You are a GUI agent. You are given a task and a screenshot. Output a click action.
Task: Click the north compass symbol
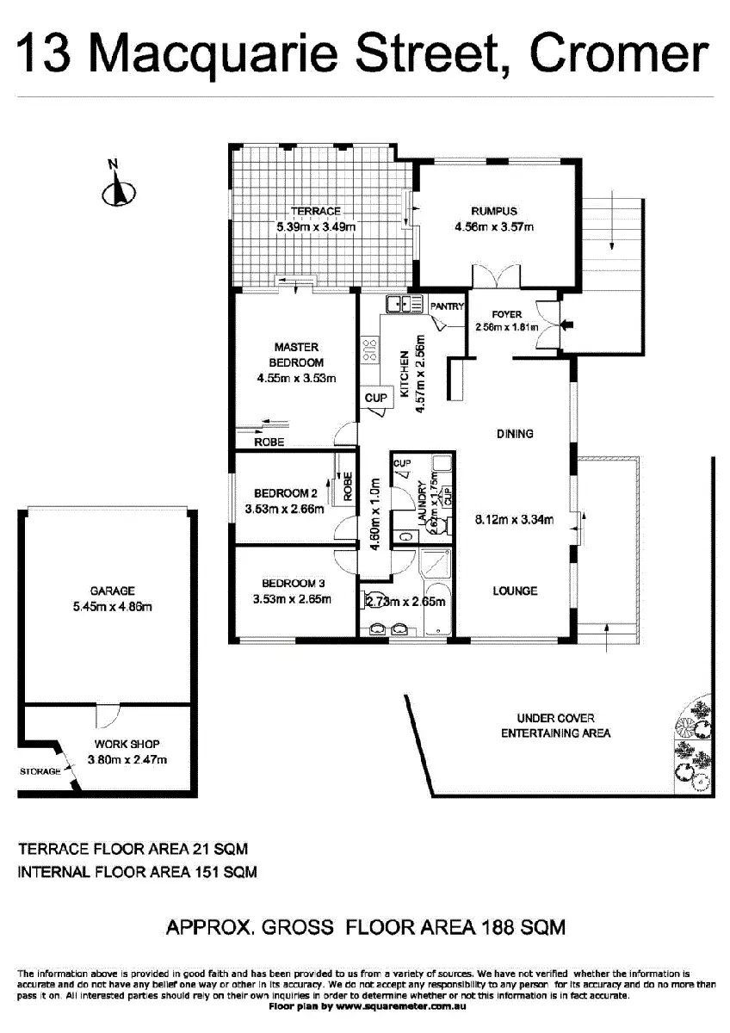118,191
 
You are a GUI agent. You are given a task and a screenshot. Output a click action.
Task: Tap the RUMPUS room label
493,212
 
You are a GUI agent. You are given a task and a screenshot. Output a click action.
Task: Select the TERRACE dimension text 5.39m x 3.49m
315,227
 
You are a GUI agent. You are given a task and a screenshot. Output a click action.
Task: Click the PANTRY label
447,306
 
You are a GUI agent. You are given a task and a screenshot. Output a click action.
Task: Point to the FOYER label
507,314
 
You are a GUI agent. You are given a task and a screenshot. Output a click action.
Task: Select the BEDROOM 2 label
286,493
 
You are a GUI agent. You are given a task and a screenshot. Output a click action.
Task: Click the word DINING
515,434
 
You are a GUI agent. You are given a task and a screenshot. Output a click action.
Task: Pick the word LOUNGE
515,591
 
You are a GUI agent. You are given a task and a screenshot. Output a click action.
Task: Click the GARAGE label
112,591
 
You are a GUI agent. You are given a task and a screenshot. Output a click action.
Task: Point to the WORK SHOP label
127,744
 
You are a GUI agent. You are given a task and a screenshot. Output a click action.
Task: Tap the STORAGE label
40,771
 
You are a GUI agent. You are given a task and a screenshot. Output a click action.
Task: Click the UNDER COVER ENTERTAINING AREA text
555,725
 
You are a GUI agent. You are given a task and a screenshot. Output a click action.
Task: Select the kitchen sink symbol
401,304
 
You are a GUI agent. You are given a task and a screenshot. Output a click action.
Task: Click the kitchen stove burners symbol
372,349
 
